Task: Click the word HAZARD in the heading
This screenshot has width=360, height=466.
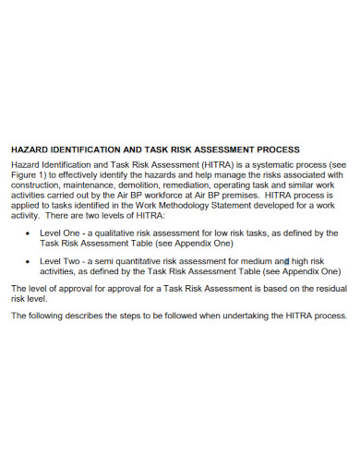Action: (x=29, y=149)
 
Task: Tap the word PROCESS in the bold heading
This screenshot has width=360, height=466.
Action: (x=277, y=149)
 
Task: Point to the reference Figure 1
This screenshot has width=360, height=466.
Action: (x=29, y=174)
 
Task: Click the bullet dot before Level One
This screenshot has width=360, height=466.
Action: (x=29, y=233)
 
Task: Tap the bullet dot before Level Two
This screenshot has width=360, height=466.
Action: (x=29, y=262)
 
